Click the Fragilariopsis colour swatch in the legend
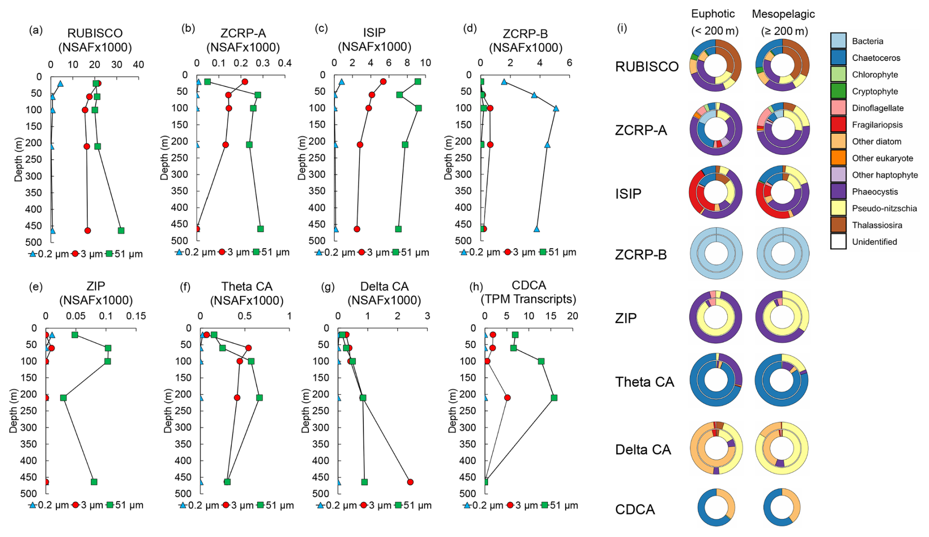838,125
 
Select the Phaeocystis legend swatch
838,192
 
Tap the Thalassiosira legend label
877,225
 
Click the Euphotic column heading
713,14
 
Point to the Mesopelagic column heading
783,14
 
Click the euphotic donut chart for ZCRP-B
716,254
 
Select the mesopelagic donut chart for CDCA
782,508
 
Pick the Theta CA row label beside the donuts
645,382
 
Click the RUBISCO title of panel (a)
95,33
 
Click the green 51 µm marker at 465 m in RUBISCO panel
121,230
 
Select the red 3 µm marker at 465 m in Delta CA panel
410,482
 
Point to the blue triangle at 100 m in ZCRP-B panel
556,108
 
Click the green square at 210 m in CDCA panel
554,397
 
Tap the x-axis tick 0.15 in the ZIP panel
136,316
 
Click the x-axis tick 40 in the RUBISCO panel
138,65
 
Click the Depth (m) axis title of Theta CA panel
168,411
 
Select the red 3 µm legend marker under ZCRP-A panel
222,252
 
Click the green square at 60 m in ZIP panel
108,348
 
